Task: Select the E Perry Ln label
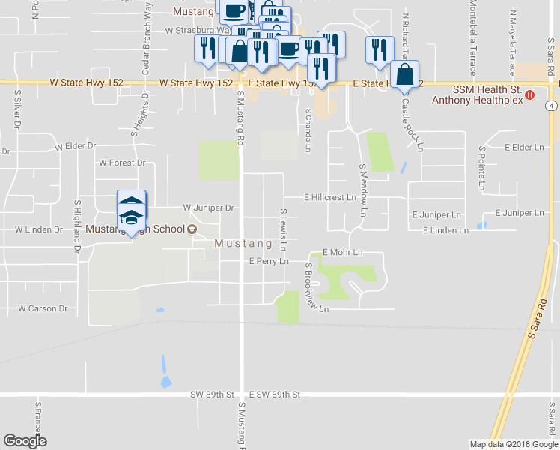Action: tap(269, 262)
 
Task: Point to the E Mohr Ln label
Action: tap(342, 253)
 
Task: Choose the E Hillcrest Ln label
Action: tap(329, 198)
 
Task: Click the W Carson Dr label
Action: tap(43, 308)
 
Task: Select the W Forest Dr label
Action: tap(122, 163)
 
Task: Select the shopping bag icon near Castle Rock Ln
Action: tap(404, 76)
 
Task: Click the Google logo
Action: tap(25, 441)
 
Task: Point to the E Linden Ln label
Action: tap(445, 230)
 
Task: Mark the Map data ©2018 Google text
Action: tap(513, 444)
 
